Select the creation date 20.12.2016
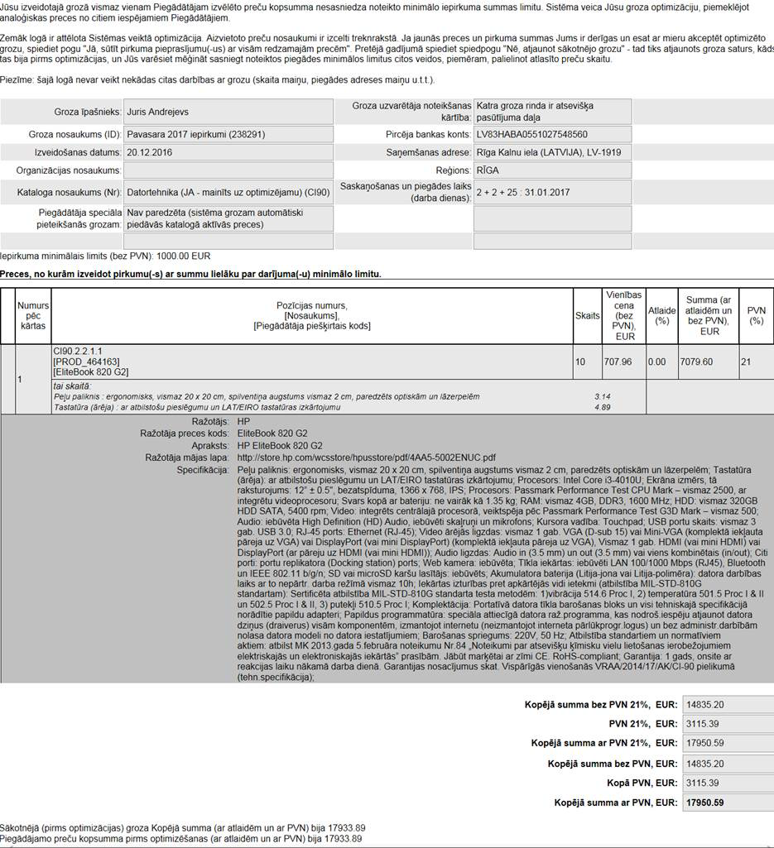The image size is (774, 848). [149, 152]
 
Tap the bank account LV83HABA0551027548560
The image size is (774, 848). [531, 134]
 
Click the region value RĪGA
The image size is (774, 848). [488, 170]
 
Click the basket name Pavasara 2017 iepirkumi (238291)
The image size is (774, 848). [196, 134]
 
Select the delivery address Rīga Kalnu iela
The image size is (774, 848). [548, 152]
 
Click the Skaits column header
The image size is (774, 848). [588, 315]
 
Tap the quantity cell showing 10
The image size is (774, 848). [580, 362]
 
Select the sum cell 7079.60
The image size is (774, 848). [695, 362]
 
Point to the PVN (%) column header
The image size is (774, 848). [756, 315]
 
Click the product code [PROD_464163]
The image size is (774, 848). [86, 362]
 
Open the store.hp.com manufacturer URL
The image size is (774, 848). [366, 457]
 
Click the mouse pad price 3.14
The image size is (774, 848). [602, 397]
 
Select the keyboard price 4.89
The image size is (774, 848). [602, 407]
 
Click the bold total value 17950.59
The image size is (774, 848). [705, 802]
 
